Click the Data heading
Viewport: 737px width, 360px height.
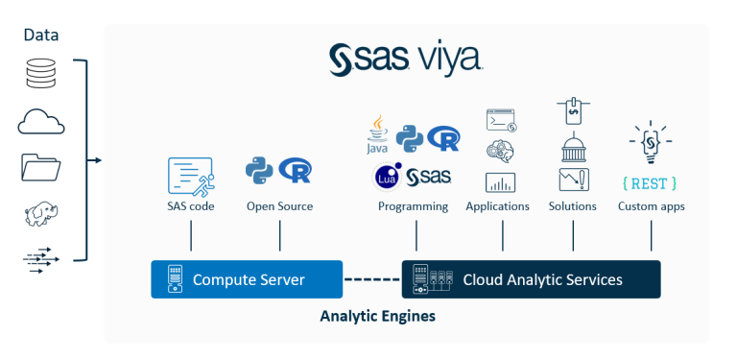(41, 35)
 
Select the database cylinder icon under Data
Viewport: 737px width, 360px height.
(41, 74)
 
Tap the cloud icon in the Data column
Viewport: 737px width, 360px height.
(41, 122)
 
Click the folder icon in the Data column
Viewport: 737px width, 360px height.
(41, 168)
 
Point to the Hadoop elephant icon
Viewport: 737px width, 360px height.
(41, 214)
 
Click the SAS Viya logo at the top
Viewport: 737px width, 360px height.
(406, 60)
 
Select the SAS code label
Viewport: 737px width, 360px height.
(190, 206)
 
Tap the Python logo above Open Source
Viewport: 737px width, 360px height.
(259, 171)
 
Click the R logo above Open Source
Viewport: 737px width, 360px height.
(295, 172)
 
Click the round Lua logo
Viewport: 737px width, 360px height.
(388, 177)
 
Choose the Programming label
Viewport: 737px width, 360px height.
(413, 206)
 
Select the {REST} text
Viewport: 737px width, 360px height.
(650, 182)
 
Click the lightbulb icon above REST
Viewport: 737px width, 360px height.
(650, 142)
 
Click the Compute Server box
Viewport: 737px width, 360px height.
(247, 279)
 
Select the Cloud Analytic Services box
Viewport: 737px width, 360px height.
(531, 279)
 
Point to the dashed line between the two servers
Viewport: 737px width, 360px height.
(371, 279)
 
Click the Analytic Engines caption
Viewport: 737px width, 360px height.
(377, 316)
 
